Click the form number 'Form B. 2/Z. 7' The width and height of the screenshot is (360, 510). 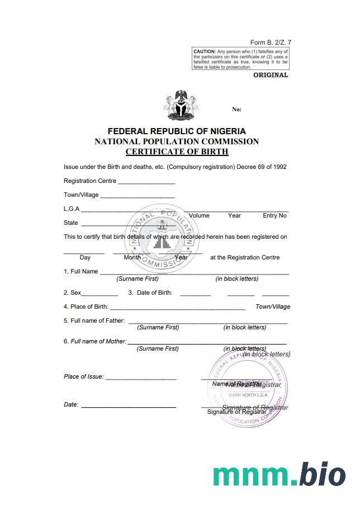pyautogui.click(x=271, y=42)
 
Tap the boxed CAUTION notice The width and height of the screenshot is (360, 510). pyautogui.click(x=240, y=59)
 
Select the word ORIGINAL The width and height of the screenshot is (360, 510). pyautogui.click(x=271, y=75)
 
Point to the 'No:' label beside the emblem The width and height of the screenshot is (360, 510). pyautogui.click(x=236, y=110)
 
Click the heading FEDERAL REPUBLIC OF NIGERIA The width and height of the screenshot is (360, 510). pyautogui.click(x=177, y=131)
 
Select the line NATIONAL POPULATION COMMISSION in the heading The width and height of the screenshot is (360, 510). pyautogui.click(x=177, y=141)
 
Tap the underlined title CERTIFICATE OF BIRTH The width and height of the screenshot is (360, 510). pyautogui.click(x=177, y=152)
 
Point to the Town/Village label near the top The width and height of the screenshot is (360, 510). pyautogui.click(x=81, y=195)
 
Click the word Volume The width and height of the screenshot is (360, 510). pyautogui.click(x=199, y=215)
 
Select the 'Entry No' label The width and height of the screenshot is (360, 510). pyautogui.click(x=274, y=215)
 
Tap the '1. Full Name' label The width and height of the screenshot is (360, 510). pyautogui.click(x=81, y=271)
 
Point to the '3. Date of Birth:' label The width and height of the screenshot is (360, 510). pyautogui.click(x=150, y=292)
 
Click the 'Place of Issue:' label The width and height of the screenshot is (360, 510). pyautogui.click(x=84, y=376)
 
